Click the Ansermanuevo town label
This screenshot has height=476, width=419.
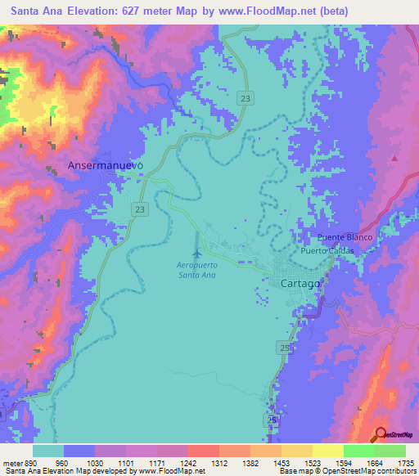pos(105,164)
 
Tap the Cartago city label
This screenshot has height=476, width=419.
pos(294,284)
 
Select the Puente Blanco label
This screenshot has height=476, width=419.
pos(345,237)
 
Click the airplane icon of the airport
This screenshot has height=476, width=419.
pos(196,243)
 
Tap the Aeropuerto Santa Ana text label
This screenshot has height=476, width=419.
pos(196,270)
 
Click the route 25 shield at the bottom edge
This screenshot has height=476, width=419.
pos(272,419)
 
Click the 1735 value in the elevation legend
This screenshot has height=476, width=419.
pos(407,463)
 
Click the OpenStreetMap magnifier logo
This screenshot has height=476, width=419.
pos(381,434)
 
